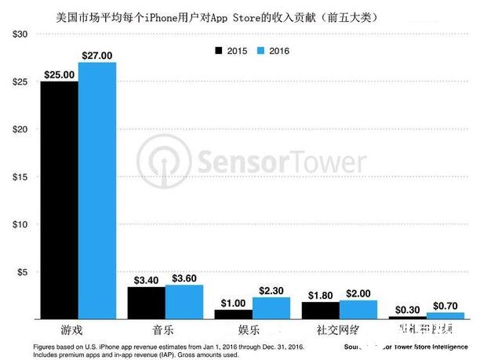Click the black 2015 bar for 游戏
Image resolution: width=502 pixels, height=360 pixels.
tap(59, 200)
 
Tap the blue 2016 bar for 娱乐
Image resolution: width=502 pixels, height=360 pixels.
tap(271, 308)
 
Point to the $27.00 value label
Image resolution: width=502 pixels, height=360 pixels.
tap(96, 55)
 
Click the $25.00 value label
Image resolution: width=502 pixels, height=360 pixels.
tap(59, 74)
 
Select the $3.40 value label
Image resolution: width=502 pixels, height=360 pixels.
tap(146, 279)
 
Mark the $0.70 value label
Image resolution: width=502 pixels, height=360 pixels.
tap(446, 305)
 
